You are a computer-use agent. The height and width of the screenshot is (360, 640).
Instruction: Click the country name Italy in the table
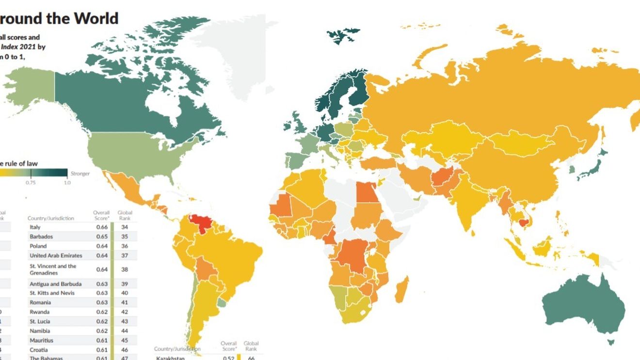point(35,227)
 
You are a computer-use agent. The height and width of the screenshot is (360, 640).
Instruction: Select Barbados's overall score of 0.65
point(101,237)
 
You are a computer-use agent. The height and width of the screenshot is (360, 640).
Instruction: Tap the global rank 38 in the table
point(125,269)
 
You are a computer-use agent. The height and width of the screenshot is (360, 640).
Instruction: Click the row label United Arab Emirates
point(56,255)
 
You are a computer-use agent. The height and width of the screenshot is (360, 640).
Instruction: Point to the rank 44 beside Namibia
point(125,330)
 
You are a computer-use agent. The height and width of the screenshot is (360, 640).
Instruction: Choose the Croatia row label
point(38,349)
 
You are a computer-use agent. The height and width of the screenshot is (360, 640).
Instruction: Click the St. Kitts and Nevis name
point(52,293)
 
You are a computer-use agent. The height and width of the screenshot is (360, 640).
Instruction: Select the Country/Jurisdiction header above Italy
point(51,219)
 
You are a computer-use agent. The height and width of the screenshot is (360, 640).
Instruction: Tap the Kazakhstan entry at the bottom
point(171,358)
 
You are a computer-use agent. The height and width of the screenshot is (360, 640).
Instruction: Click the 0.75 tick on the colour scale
point(31,183)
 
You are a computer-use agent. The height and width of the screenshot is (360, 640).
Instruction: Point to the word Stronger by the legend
point(80,173)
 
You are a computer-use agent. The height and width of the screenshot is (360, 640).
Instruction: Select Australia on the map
point(582,305)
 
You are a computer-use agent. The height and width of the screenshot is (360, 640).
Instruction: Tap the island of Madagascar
point(402,290)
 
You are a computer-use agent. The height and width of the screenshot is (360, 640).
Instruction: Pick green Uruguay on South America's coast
point(222,303)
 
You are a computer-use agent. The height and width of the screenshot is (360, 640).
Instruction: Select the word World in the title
point(96,18)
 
